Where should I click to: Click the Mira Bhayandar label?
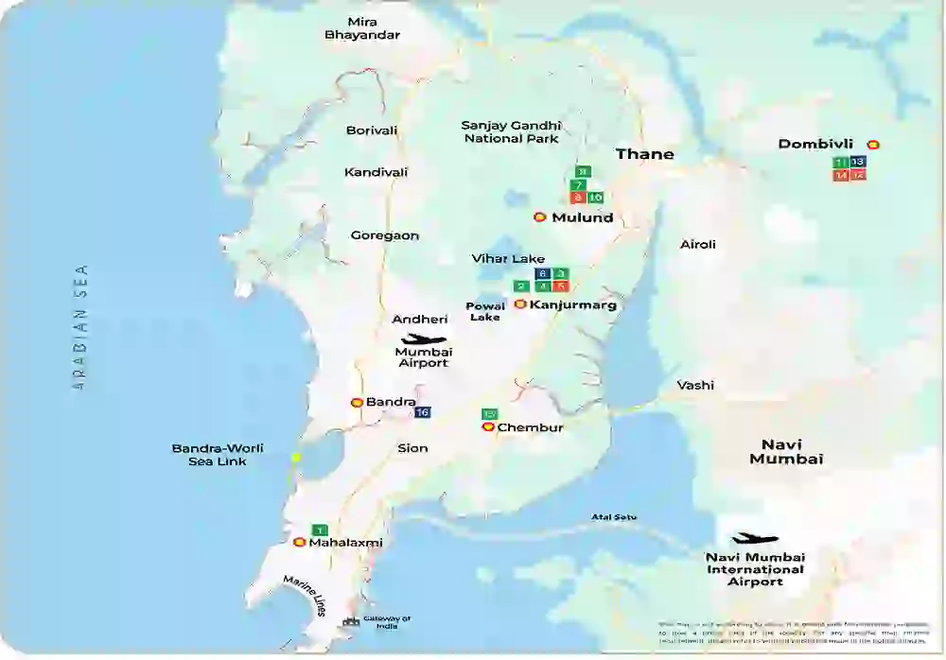[x=362, y=27]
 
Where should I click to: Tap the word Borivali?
[x=372, y=130]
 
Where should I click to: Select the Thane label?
[x=645, y=154]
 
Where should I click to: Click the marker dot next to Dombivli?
[x=873, y=145]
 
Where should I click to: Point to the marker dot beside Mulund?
[x=539, y=217]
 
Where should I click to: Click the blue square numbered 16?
[x=423, y=412]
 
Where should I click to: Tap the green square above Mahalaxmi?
[x=320, y=530]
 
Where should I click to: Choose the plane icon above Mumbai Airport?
[x=424, y=339]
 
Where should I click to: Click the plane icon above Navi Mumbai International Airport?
[x=754, y=539]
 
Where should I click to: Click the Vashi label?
[x=695, y=385]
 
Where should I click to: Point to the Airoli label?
[x=698, y=244]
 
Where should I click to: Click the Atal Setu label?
[x=614, y=516]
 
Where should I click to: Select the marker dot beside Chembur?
[x=488, y=427]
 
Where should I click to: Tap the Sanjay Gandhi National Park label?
[x=511, y=131]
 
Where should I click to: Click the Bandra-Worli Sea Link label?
[x=218, y=454]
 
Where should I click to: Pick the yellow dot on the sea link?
[x=296, y=458]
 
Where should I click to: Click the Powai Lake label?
[x=486, y=311]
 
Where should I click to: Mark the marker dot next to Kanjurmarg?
[x=519, y=304]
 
